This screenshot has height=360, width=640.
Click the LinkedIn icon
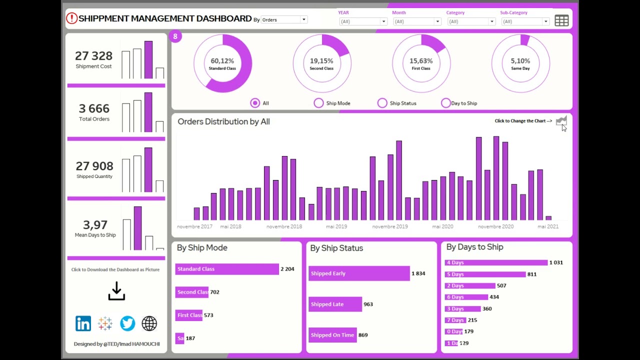[83, 323]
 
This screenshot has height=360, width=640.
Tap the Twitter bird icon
[127, 323]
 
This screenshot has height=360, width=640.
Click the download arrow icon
[116, 291]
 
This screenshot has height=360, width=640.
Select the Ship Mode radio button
[319, 103]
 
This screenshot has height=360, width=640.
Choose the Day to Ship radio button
[446, 103]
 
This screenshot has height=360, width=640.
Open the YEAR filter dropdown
[363, 21]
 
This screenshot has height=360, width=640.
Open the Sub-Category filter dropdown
[525, 21]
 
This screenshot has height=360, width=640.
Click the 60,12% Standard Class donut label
[222, 63]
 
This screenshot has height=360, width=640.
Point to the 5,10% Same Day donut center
[520, 63]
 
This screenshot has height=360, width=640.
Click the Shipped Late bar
[335, 304]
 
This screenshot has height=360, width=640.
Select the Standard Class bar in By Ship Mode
[227, 269]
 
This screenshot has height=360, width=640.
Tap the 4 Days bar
[496, 262]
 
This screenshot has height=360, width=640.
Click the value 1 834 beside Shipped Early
[418, 273]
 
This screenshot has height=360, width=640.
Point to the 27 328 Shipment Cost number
[93, 56]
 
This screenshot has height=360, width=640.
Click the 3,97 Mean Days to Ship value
[95, 225]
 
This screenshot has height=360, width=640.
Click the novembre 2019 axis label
[390, 226]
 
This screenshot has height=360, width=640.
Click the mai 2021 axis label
[548, 226]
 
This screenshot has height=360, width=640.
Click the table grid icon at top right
[561, 20]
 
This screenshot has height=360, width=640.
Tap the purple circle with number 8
[175, 36]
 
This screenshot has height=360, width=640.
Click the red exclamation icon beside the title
[71, 18]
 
